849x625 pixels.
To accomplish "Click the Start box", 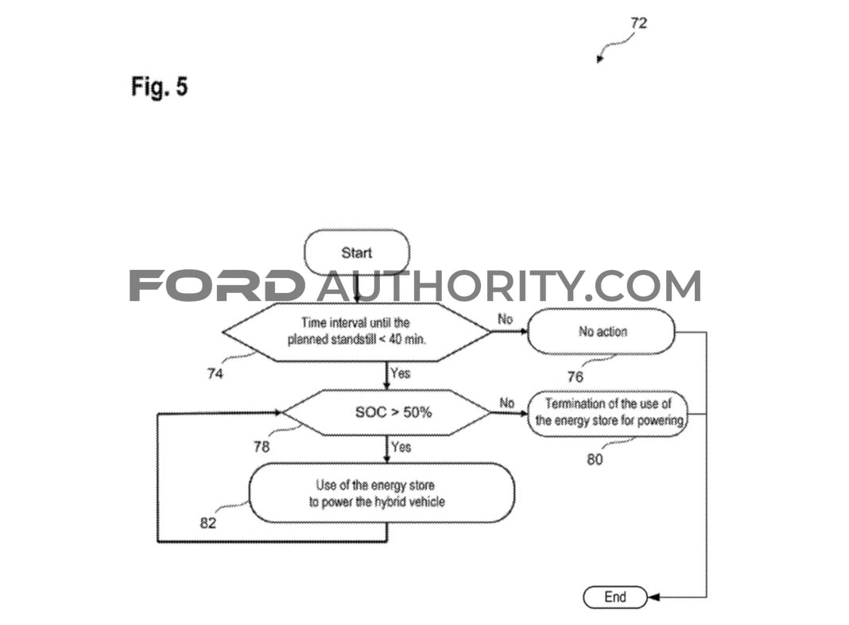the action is (357, 253).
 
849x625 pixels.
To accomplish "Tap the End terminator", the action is (615, 597).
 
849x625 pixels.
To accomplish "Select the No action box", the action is (602, 331).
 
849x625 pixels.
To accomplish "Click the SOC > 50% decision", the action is (386, 412).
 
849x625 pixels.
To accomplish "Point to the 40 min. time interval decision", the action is (357, 332).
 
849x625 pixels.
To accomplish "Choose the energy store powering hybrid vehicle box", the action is (382, 493).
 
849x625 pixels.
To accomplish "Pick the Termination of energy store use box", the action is (608, 414).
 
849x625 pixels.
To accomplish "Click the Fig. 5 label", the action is (159, 87).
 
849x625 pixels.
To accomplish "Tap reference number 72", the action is (639, 23).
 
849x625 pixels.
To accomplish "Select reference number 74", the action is (215, 373).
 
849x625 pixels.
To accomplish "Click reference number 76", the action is (575, 376).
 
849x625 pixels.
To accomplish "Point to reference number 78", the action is (262, 446).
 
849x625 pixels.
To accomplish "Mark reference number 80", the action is (595, 459).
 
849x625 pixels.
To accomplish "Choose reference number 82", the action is (208, 523).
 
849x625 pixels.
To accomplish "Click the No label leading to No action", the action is (505, 319).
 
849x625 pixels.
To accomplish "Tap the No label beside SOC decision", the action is (507, 403).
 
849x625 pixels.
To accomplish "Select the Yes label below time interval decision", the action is (401, 373).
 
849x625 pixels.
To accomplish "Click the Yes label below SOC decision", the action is (401, 447).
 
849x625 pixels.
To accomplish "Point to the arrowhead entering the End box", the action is (653, 597).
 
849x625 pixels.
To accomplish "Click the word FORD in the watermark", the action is (216, 285).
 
